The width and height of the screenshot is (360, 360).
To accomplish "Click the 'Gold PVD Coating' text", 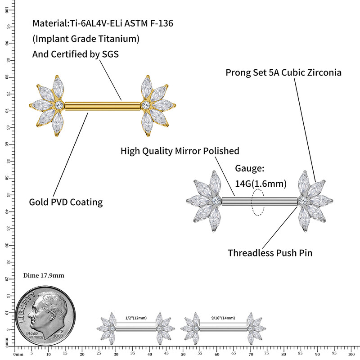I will click(x=66, y=202).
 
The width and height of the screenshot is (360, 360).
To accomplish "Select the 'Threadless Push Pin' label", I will click(x=270, y=252).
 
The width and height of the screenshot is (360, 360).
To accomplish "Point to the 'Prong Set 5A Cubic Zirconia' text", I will click(x=283, y=72).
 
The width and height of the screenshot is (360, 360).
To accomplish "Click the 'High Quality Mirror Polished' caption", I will click(x=180, y=151).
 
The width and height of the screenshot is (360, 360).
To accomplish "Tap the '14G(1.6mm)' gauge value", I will click(x=261, y=184).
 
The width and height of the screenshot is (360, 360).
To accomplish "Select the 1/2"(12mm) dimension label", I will click(x=136, y=318).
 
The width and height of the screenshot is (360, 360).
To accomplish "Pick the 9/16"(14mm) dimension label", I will click(x=223, y=318).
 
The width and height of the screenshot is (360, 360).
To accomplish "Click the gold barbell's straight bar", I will click(x=103, y=106).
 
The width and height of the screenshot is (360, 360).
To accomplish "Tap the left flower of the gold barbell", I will click(x=48, y=105).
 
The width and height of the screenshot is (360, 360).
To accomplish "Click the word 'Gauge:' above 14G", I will click(x=250, y=169).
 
